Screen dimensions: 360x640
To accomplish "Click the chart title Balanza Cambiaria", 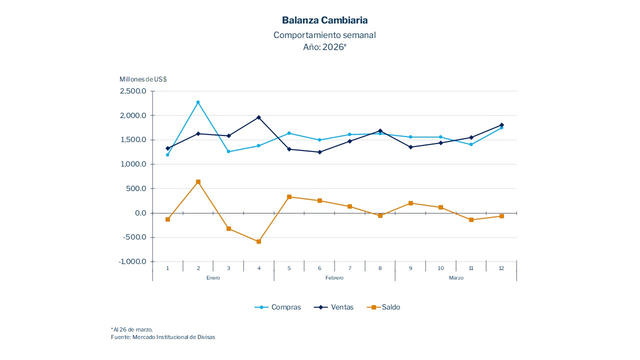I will pyautogui.click(x=324, y=20).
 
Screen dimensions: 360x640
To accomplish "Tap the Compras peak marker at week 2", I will pyautogui.click(x=198, y=102).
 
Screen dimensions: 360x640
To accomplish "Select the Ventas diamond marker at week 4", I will pyautogui.click(x=258, y=117).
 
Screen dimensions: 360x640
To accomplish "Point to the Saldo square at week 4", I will pyautogui.click(x=258, y=241).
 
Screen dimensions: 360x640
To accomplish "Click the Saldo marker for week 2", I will pyautogui.click(x=198, y=182).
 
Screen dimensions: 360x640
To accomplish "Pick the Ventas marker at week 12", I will pyautogui.click(x=501, y=125).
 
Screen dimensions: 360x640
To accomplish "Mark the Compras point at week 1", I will pyautogui.click(x=167, y=154).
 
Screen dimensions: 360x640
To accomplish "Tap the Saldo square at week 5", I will pyautogui.click(x=289, y=197).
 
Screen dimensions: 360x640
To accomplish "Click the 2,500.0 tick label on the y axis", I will pyautogui.click(x=133, y=91).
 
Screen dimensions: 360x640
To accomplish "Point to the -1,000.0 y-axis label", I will pyautogui.click(x=132, y=262).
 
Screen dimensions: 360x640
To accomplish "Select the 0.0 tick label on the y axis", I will pyautogui.click(x=140, y=213).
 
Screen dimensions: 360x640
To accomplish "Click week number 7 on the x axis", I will pyautogui.click(x=349, y=268).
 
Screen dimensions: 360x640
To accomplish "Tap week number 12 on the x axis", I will pyautogui.click(x=501, y=268).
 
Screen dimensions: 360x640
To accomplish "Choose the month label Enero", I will pyautogui.click(x=213, y=278).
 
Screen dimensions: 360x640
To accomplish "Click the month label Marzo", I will pyautogui.click(x=455, y=278).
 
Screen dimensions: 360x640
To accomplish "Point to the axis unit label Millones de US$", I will pyautogui.click(x=143, y=79).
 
